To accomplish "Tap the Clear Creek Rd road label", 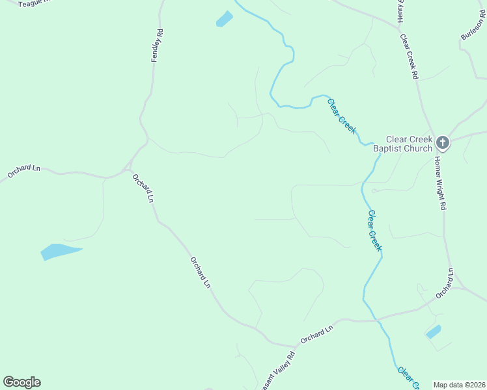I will pyautogui.click(x=409, y=57).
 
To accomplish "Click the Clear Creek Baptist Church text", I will pyautogui.click(x=409, y=144).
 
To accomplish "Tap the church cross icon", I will pyautogui.click(x=443, y=142).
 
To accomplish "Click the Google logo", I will pyautogui.click(x=21, y=382).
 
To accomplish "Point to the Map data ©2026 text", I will pyautogui.click(x=459, y=385).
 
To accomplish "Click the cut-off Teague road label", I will pyautogui.click(x=29, y=4).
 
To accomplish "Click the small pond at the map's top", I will pyautogui.click(x=224, y=19).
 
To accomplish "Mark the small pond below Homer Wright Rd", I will pyautogui.click(x=433, y=332).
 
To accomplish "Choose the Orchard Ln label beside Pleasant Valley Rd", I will pyautogui.click(x=316, y=335).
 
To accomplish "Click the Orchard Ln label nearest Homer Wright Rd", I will pyautogui.click(x=444, y=283).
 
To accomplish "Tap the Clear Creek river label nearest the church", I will pyautogui.click(x=342, y=116).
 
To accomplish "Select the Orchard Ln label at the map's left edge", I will pyautogui.click(x=24, y=171).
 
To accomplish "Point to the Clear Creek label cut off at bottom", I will pyautogui.click(x=407, y=379).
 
